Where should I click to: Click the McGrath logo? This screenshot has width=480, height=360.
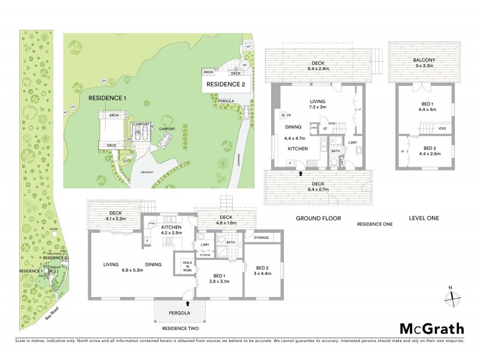pos(431,328)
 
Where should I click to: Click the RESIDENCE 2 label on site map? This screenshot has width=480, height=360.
pos(226,85)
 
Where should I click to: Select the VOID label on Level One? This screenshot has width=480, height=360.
pos(442,128)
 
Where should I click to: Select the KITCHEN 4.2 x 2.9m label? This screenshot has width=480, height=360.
pos(173,229)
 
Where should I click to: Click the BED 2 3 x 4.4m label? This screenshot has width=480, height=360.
pos(262,271)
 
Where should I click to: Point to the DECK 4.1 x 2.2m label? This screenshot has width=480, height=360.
pos(115,216)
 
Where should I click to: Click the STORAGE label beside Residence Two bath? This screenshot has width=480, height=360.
pos(261,238)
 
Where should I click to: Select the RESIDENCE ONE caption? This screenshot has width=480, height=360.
pos(374,224)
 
